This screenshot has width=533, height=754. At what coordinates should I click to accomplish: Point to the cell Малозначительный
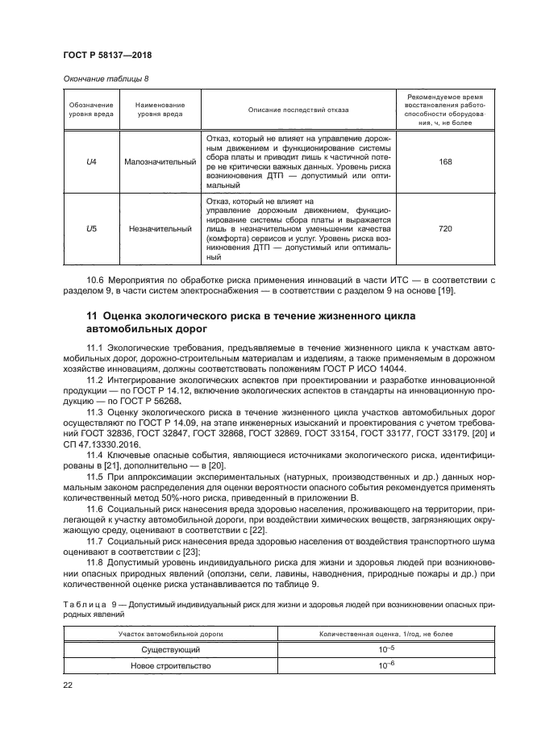(160, 161)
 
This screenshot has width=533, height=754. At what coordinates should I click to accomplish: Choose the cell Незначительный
(160, 228)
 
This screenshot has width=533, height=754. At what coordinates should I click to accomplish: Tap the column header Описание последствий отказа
(298, 110)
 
